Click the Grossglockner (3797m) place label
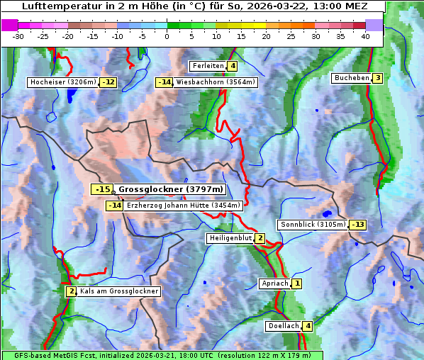click(x=171, y=189)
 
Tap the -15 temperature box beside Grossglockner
click(x=103, y=189)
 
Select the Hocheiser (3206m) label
click(x=62, y=82)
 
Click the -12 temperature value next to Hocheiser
click(x=108, y=82)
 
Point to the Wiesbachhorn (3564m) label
click(x=216, y=82)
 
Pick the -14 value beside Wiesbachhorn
click(x=164, y=82)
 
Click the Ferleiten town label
click(x=208, y=66)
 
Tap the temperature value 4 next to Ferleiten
click(x=233, y=66)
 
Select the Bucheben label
click(x=352, y=78)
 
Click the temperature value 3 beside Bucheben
click(x=378, y=78)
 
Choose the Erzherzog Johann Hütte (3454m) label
click(x=184, y=206)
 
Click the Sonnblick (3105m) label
click(x=313, y=225)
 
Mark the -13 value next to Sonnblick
click(x=358, y=225)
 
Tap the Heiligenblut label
click(x=230, y=238)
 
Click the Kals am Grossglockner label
click(x=118, y=291)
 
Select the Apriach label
click(x=275, y=283)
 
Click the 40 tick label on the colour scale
click(x=364, y=37)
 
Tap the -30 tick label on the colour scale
click(x=18, y=37)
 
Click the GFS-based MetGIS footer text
click(x=162, y=355)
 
